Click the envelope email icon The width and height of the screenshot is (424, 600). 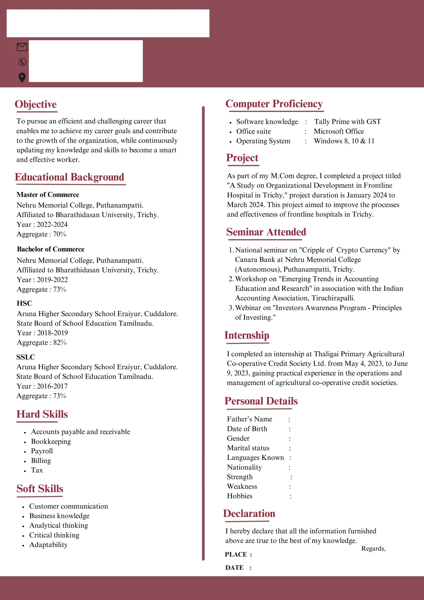tap(22, 47)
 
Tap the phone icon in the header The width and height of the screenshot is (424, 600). tap(22, 62)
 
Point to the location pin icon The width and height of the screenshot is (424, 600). tap(22, 77)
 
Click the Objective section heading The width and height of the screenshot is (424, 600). tap(36, 104)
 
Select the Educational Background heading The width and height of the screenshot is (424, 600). tap(69, 177)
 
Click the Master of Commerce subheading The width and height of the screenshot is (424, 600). tap(48, 195)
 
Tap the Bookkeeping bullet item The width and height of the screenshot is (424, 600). tap(51, 441)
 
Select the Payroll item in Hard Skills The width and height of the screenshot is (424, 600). tap(42, 451)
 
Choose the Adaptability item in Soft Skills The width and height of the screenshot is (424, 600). tap(48, 545)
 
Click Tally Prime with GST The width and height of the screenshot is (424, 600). tap(347, 121)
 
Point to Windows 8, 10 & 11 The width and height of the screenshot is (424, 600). tap(344, 141)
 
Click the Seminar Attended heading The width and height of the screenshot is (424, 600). tap(266, 232)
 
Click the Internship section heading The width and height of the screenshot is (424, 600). tap(247, 335)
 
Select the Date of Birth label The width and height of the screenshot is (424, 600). tap(247, 429)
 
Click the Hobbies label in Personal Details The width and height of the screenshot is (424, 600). tap(240, 496)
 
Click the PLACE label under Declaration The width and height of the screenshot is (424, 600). tap(236, 555)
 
